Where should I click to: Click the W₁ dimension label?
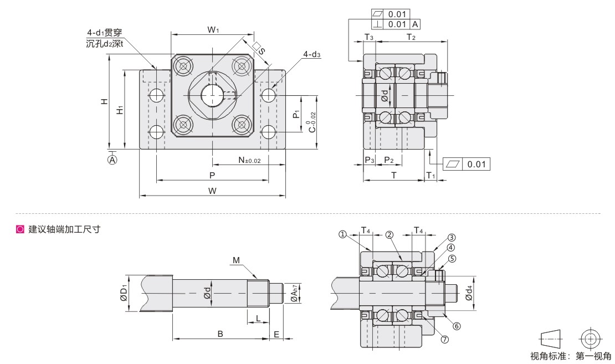tap(213, 29)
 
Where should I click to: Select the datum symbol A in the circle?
tap(112, 160)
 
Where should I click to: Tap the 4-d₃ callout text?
tap(311, 54)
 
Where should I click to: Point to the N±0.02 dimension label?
tap(249, 160)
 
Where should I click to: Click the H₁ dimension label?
tap(120, 110)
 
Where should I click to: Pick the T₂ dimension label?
tap(411, 37)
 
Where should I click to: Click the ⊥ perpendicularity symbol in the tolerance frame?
tap(377, 24)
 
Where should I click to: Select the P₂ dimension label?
tap(389, 160)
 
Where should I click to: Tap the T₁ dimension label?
tap(430, 175)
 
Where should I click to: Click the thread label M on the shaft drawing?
tap(236, 260)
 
